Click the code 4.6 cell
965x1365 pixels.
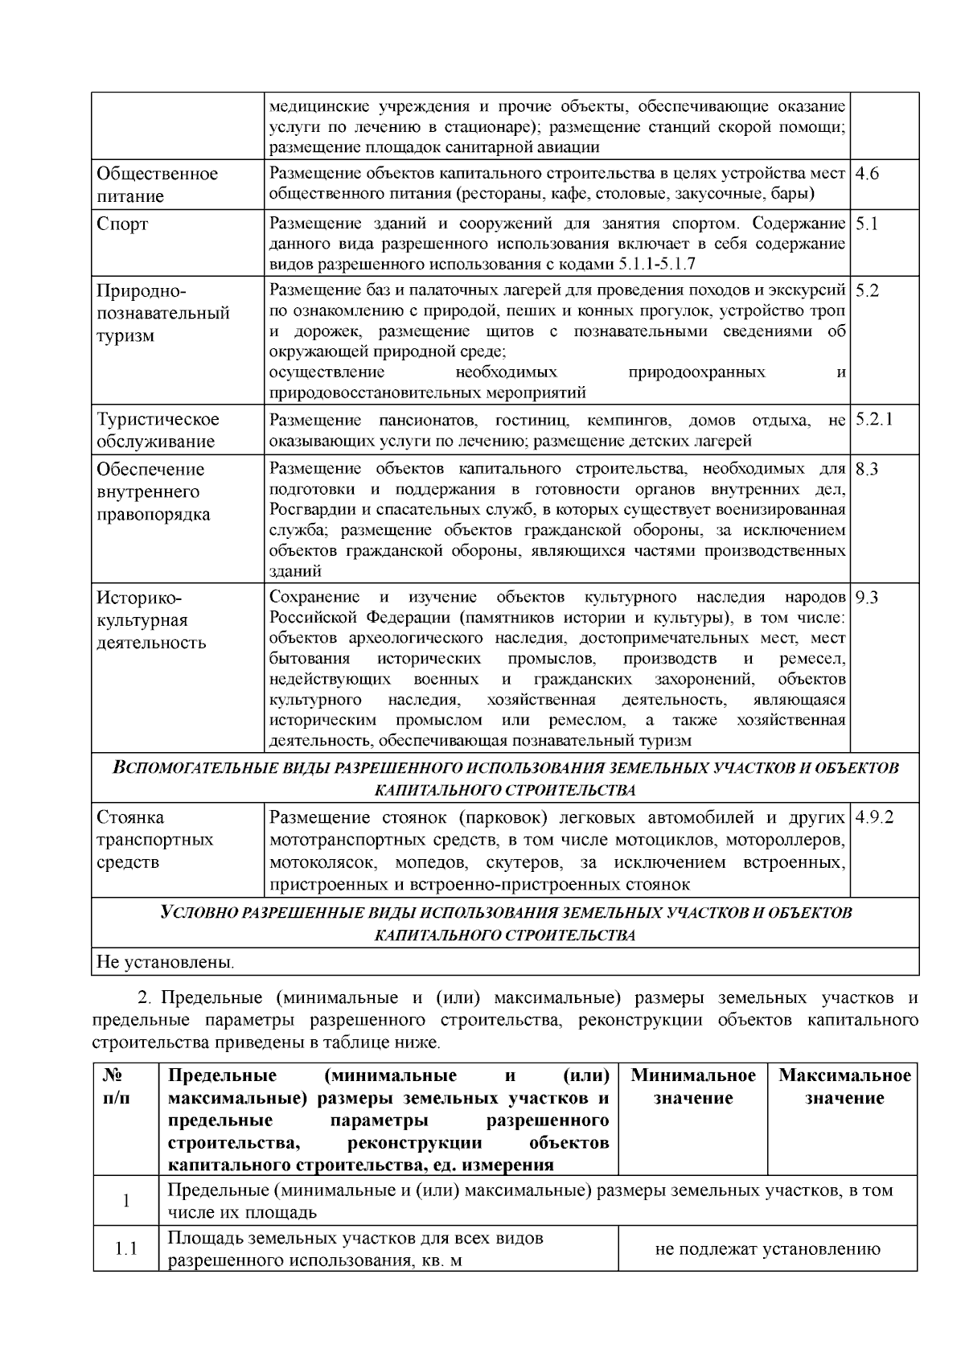[868, 174]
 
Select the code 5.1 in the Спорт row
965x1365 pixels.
[867, 224]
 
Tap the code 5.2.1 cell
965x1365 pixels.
[874, 419]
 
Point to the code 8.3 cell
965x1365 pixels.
[867, 470]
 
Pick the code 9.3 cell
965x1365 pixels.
[867, 598]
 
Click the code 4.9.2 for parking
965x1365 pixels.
[875, 817]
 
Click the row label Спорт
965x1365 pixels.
[123, 224]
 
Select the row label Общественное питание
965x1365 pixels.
[157, 185]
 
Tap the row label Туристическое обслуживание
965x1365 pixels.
[157, 430]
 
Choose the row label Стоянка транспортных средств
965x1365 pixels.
[154, 840]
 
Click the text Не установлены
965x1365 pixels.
[166, 962]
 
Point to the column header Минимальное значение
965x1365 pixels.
[693, 1087]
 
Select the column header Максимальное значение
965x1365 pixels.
[844, 1087]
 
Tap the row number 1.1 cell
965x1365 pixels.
[125, 1249]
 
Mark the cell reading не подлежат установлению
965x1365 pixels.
[767, 1249]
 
